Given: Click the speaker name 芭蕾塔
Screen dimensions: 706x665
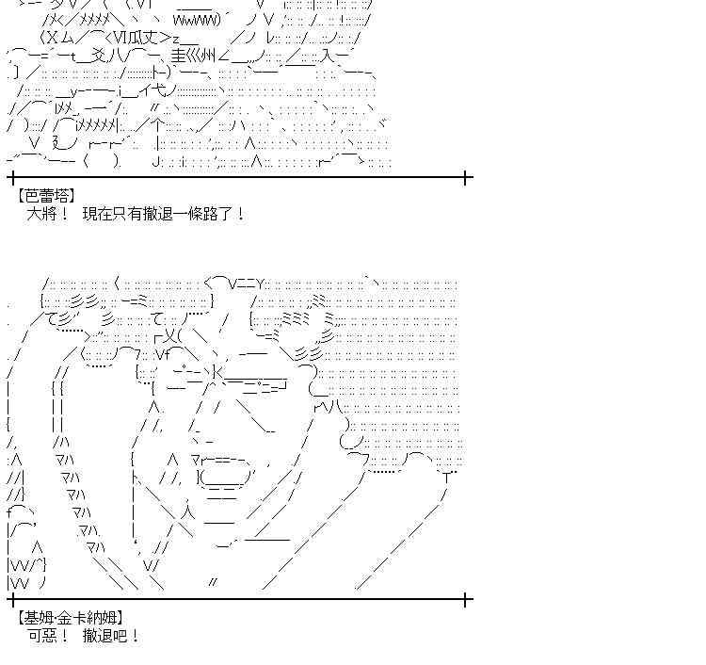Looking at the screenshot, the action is [x=46, y=195].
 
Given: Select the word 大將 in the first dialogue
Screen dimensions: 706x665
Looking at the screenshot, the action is [x=41, y=214].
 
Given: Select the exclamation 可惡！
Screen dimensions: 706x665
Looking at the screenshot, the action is [x=48, y=636].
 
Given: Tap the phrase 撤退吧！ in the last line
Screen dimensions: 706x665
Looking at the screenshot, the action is [x=113, y=636].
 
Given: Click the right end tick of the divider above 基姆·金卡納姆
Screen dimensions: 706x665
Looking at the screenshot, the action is [x=469, y=598].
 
